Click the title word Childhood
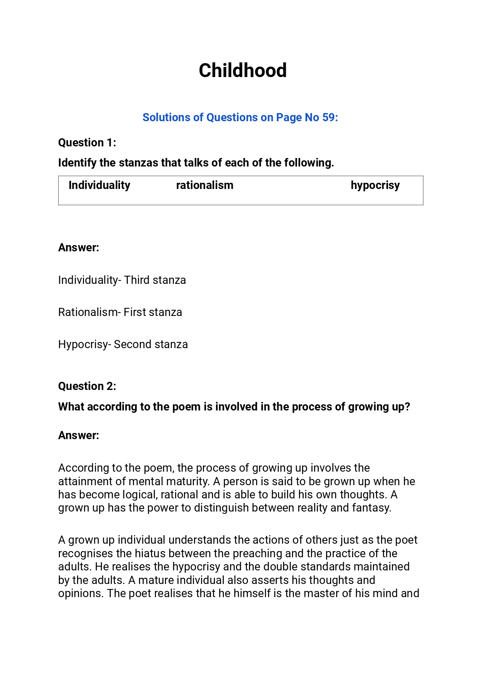tap(242, 70)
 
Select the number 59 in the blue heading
tap(328, 117)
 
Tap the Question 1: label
tap(87, 143)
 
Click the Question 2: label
tap(87, 386)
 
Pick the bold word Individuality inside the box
tap(99, 185)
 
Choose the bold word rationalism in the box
tap(204, 185)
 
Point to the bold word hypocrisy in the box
tap(375, 185)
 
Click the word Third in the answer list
tap(136, 280)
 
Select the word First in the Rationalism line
tap(135, 312)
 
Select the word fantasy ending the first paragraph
tap(371, 508)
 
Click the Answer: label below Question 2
tap(79, 435)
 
